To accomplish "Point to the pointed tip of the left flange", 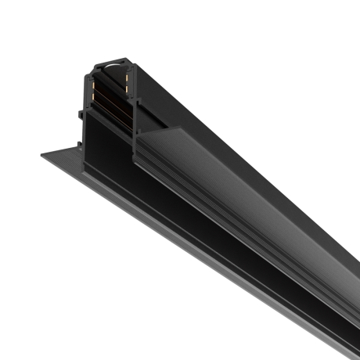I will click(x=41, y=156).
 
